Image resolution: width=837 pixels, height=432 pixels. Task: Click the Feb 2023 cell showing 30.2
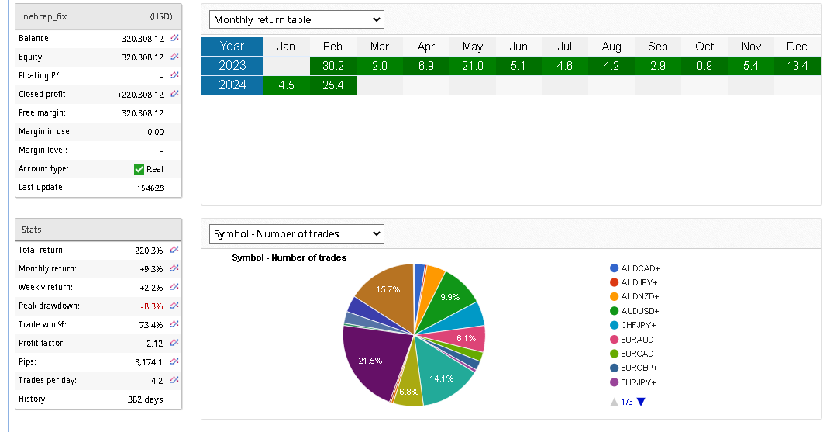[332, 66]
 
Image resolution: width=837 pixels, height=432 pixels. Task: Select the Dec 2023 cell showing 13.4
[797, 66]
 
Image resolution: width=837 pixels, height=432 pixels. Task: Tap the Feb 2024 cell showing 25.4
[332, 85]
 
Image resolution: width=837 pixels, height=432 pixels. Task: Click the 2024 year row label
[232, 85]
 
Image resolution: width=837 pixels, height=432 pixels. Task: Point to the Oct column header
[704, 47]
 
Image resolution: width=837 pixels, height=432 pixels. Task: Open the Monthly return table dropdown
[297, 19]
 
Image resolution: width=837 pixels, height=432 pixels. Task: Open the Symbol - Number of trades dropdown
[297, 233]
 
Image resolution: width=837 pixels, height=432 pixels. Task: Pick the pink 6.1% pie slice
[467, 338]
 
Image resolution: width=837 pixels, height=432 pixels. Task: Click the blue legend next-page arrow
[641, 401]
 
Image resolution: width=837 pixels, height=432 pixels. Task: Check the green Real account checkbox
[139, 169]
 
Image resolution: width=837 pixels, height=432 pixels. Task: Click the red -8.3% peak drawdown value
[151, 306]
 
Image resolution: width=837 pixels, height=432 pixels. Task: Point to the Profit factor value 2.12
[154, 344]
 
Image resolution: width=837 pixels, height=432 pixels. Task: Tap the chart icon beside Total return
[174, 250]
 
